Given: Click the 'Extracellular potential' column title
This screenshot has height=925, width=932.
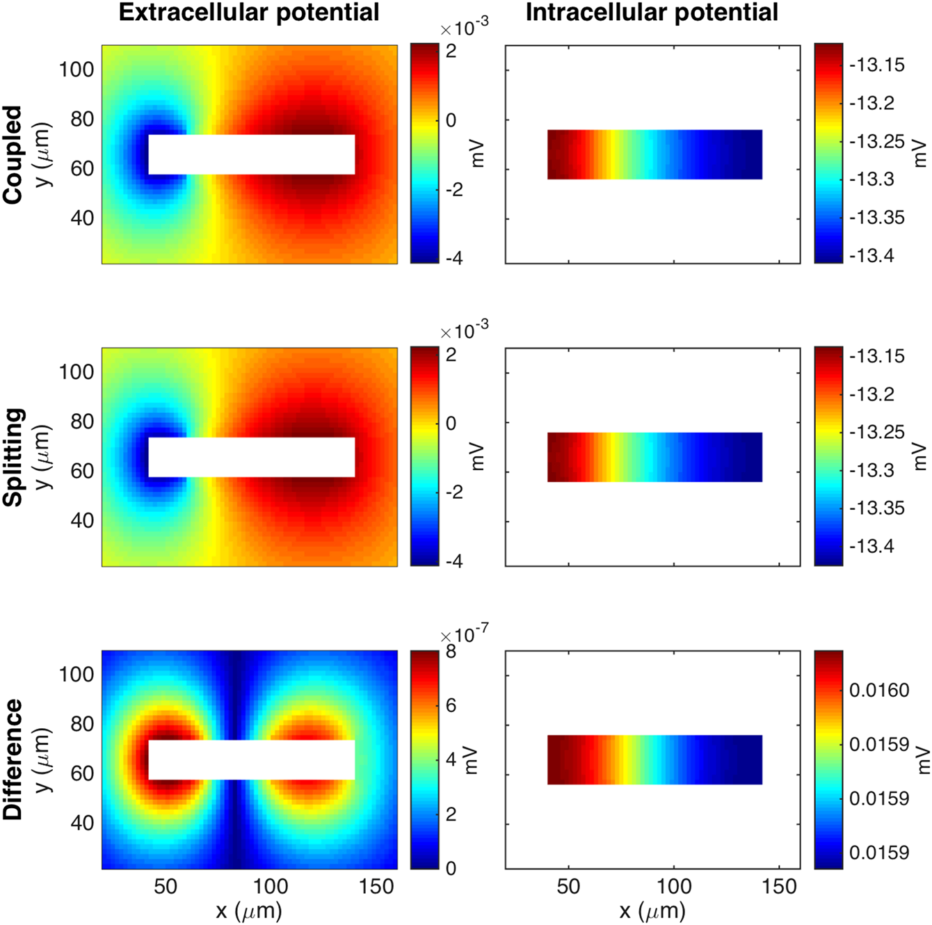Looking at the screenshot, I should click(249, 13).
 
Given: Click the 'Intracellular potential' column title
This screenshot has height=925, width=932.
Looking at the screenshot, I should click(652, 13).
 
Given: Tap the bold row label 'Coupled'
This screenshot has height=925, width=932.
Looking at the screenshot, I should click(13, 154).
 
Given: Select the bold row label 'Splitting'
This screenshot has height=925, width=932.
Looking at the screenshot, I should click(13, 457).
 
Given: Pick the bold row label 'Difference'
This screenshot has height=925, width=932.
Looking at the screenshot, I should click(13, 759).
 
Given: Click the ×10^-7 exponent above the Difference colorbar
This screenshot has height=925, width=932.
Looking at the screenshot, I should click(464, 634).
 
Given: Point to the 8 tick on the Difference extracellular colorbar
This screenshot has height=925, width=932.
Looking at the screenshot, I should click(451, 652).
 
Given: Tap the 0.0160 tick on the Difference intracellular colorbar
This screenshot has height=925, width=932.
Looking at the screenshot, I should click(879, 690).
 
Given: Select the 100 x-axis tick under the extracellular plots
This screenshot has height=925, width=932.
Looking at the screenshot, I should click(270, 887).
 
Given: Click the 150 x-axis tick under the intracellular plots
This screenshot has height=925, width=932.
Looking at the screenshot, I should click(779, 887).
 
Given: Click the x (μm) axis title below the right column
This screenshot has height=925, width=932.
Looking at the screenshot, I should click(652, 910).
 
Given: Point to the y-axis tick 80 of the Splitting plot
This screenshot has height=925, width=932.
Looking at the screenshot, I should click(82, 421).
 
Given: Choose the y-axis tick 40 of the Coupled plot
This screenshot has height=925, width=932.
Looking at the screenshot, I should click(82, 218).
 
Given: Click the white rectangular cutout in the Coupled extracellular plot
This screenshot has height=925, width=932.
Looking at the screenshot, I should click(252, 154).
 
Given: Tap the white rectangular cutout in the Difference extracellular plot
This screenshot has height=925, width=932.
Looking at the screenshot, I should click(252, 759).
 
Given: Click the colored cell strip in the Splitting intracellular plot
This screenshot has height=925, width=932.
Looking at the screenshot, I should click(654, 457).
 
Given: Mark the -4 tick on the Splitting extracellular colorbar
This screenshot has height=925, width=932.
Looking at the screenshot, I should click(453, 561).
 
